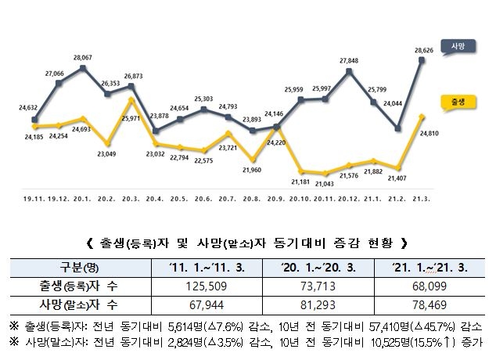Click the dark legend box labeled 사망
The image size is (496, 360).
(x=458, y=47)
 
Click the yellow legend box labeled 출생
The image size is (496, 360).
(x=458, y=103)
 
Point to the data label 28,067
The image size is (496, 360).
(x=84, y=57)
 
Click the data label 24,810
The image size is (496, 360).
(x=429, y=134)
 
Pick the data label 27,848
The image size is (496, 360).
(x=350, y=60)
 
